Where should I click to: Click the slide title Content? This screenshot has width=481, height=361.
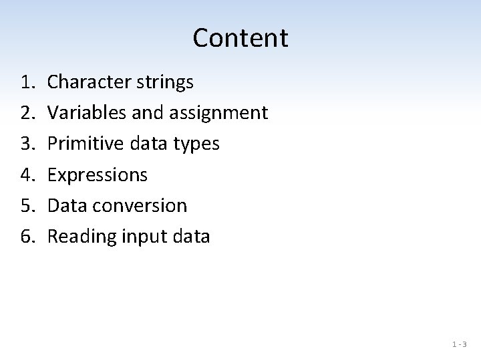[240, 38]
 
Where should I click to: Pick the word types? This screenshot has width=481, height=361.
[198, 144]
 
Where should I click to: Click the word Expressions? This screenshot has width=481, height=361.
[98, 175]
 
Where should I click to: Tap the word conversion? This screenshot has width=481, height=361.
[141, 205]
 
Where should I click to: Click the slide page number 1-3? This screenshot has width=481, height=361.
[459, 345]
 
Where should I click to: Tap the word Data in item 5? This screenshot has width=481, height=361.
[67, 205]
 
